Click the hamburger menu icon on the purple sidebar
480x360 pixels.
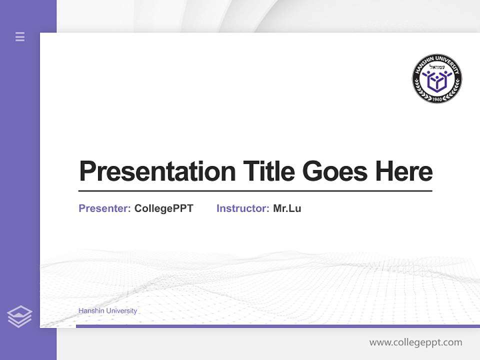pyautogui.click(x=20, y=36)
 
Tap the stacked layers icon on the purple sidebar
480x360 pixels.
pyautogui.click(x=19, y=316)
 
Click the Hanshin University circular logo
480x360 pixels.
pyautogui.click(x=437, y=79)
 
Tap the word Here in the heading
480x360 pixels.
pyautogui.click(x=404, y=171)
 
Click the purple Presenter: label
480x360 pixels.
pyautogui.click(x=105, y=208)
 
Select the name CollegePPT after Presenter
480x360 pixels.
pyautogui.click(x=164, y=208)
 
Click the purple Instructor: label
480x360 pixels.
pyautogui.click(x=243, y=208)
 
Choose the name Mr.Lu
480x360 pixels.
pyautogui.click(x=287, y=208)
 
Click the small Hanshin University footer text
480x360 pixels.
pyautogui.click(x=107, y=311)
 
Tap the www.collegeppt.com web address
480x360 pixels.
pyautogui.click(x=415, y=342)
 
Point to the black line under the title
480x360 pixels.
pyautogui.click(x=255, y=191)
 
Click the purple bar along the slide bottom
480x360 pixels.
pyautogui.click(x=277, y=326)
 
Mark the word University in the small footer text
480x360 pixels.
pyautogui.click(x=122, y=311)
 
